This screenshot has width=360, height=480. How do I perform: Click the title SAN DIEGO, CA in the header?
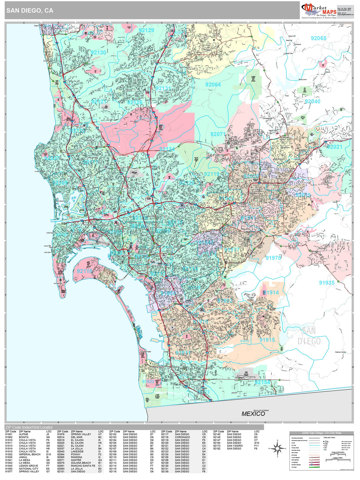pyautogui.click(x=30, y=11)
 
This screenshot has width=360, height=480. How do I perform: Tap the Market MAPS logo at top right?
pyautogui.click(x=318, y=11)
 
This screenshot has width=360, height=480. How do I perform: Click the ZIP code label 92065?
pyautogui.click(x=318, y=38)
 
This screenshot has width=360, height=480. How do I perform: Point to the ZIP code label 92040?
pyautogui.click(x=312, y=101)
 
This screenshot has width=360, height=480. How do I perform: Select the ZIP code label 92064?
pyautogui.click(x=213, y=85)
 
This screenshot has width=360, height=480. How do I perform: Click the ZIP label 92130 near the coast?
pyautogui.click(x=98, y=53)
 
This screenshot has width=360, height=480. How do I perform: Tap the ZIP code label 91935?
pyautogui.click(x=326, y=283)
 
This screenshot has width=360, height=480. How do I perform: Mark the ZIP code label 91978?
pyautogui.click(x=273, y=258)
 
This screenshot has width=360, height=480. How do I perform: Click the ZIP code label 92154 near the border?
pyautogui.click(x=262, y=382)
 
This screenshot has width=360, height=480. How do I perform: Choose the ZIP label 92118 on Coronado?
pyautogui.click(x=85, y=271)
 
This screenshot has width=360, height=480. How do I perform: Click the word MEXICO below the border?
pyautogui.click(x=253, y=414)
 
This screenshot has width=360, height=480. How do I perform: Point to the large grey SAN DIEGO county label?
pyautogui.click(x=309, y=336)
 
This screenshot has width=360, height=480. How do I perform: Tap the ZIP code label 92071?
pyautogui.click(x=218, y=134)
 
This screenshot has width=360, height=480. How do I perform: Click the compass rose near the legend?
pyautogui.click(x=276, y=448)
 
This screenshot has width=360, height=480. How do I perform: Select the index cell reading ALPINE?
pyautogui.click(x=23, y=434)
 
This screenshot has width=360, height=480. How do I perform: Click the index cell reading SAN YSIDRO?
pyautogui.click(x=235, y=446)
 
